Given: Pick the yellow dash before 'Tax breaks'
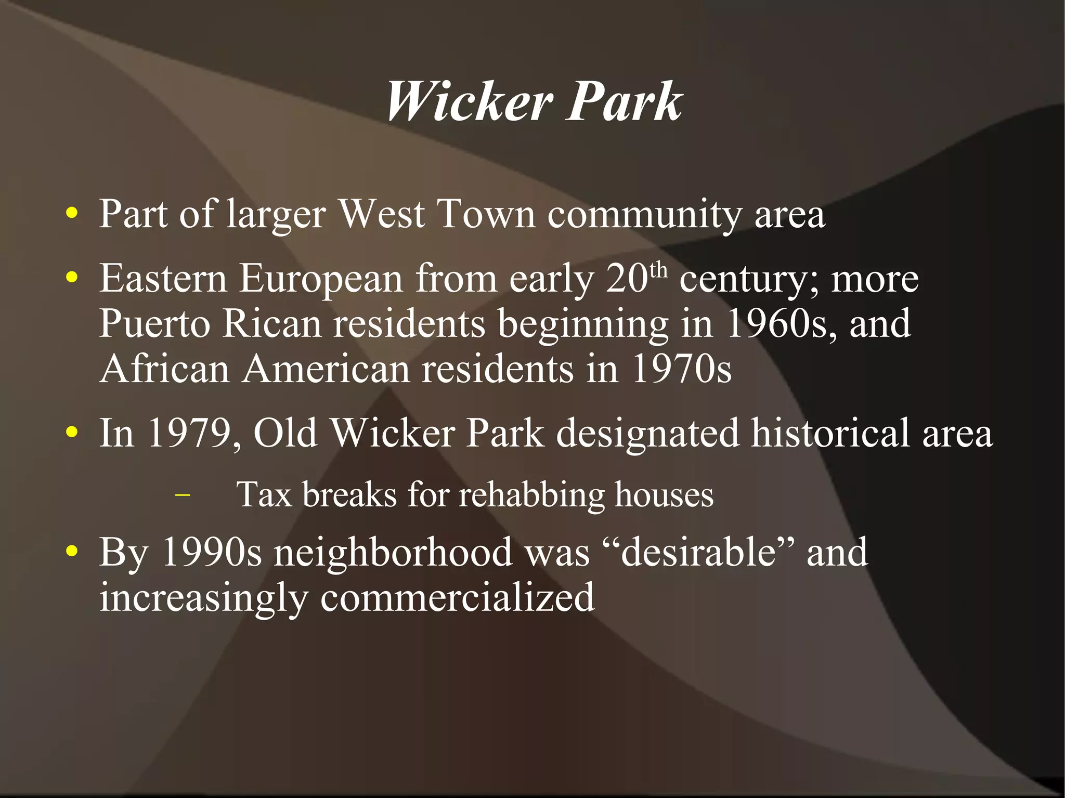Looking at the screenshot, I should [x=183, y=495].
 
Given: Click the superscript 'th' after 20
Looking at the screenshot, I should [x=658, y=270].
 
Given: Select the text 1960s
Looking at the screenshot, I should [x=781, y=323].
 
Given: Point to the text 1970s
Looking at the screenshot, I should [x=681, y=369].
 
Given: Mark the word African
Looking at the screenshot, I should [x=165, y=369].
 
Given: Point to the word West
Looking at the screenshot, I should [x=382, y=214].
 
